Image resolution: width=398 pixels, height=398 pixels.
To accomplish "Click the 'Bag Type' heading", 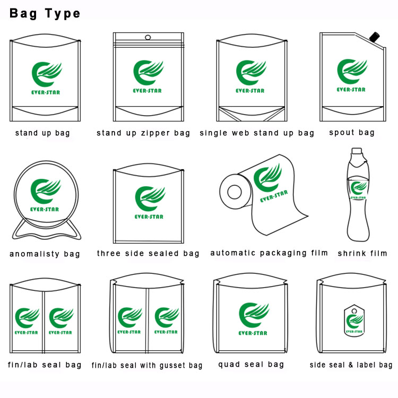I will pyautogui.click(x=45, y=13).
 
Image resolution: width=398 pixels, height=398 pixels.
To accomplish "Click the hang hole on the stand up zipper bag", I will pyautogui.click(x=148, y=38).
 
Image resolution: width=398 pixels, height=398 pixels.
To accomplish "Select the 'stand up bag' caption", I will pyautogui.click(x=42, y=133).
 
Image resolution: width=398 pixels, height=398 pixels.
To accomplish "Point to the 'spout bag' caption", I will pyautogui.click(x=352, y=133).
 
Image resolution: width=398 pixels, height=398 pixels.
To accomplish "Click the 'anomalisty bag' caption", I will pyautogui.click(x=45, y=254).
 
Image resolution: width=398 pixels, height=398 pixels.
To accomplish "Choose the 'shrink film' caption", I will pyautogui.click(x=363, y=253).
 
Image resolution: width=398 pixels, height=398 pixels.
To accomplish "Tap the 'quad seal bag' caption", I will pyautogui.click(x=251, y=364).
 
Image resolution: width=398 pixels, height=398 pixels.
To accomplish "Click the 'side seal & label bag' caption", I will pyautogui.click(x=351, y=365).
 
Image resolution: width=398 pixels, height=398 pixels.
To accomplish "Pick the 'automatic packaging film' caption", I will pyautogui.click(x=269, y=253).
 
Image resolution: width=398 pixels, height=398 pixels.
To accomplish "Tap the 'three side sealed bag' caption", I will pyautogui.click(x=148, y=253).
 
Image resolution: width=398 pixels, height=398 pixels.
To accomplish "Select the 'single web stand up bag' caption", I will pyautogui.click(x=257, y=133).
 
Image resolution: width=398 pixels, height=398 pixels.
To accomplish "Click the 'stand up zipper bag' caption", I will pyautogui.click(x=143, y=133).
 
